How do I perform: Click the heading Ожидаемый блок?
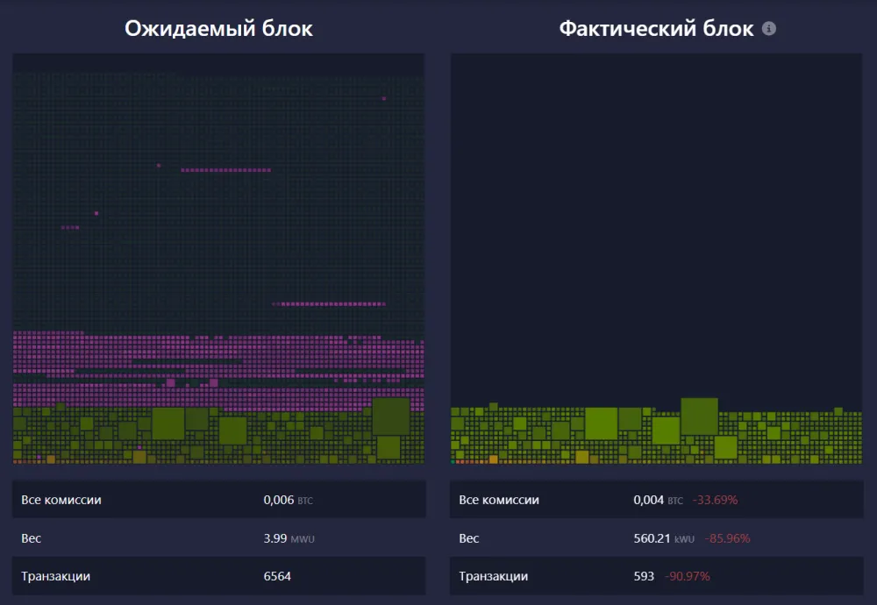click(x=218, y=28)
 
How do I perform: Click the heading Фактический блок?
click(x=656, y=28)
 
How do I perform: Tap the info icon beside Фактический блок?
click(x=769, y=28)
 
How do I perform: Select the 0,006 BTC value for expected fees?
click(x=288, y=500)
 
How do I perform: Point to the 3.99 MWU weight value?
click(x=288, y=538)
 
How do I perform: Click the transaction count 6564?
click(x=277, y=576)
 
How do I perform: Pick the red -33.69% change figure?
click(x=715, y=500)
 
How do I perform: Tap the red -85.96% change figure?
click(x=727, y=538)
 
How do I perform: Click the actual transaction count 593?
click(x=644, y=576)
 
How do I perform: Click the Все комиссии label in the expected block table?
click(x=61, y=500)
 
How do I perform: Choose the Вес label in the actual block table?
click(x=469, y=538)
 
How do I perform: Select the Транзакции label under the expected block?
click(x=56, y=576)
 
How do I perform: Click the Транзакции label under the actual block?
click(x=494, y=576)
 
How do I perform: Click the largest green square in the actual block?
click(x=699, y=416)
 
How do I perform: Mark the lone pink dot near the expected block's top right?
click(x=384, y=99)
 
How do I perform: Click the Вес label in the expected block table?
click(x=32, y=538)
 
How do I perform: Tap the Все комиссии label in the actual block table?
click(x=499, y=500)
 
